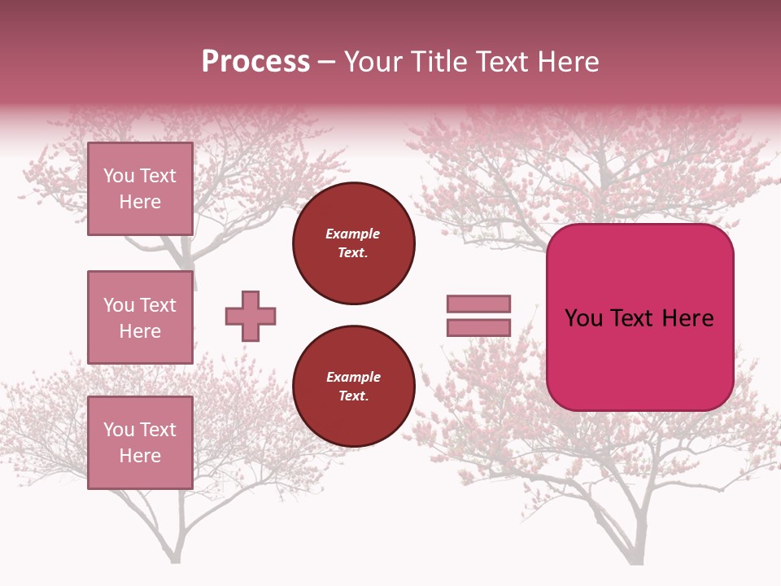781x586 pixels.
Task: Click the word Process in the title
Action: pos(255,62)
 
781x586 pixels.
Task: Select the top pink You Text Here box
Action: pos(140,189)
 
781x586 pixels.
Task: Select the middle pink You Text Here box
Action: pos(140,317)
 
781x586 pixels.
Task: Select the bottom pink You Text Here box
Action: pos(140,443)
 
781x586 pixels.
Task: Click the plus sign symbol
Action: pos(251,316)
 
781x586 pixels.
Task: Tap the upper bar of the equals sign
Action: pos(478,304)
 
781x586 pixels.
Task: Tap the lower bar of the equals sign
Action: pos(478,327)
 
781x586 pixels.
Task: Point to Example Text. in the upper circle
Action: pos(353,243)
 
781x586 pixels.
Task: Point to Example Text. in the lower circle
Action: pos(353,386)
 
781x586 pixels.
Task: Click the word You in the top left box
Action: pos(119,176)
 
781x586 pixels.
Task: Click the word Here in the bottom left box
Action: pos(140,456)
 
